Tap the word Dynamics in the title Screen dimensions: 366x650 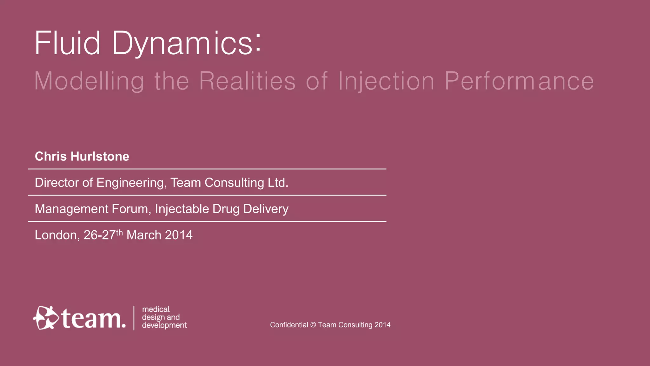coord(187,44)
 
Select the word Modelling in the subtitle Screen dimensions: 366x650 coord(89,81)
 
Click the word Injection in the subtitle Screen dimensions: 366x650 coord(386,81)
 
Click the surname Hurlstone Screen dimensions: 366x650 coord(100,156)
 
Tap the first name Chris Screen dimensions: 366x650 coord(51,156)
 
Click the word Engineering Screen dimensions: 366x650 coord(131,183)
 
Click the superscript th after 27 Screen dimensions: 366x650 coord(119,233)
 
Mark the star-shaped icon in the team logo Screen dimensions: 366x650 coord(46,318)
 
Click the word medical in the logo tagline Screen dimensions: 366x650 coord(156,309)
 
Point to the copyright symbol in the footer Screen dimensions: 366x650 coord(313,325)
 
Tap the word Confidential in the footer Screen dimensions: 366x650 coord(289,325)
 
